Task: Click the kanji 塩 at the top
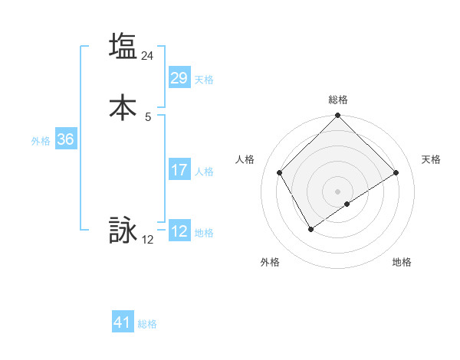(123, 46)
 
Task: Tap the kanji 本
(123, 107)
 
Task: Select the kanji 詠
(123, 230)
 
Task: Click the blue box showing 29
(179, 78)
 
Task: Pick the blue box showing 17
(179, 170)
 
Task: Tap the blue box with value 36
(65, 139)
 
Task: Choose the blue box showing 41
(123, 322)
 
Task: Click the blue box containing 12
(179, 231)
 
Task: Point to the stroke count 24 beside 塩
(148, 56)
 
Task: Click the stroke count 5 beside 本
(148, 117)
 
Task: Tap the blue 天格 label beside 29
(204, 80)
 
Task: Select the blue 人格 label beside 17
(204, 172)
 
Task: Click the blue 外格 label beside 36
(41, 141)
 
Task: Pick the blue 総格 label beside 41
(147, 324)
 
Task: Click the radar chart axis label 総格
(338, 100)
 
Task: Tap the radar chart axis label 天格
(431, 159)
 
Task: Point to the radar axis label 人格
(245, 159)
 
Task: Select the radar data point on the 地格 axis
(347, 204)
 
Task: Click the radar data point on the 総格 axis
(338, 116)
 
